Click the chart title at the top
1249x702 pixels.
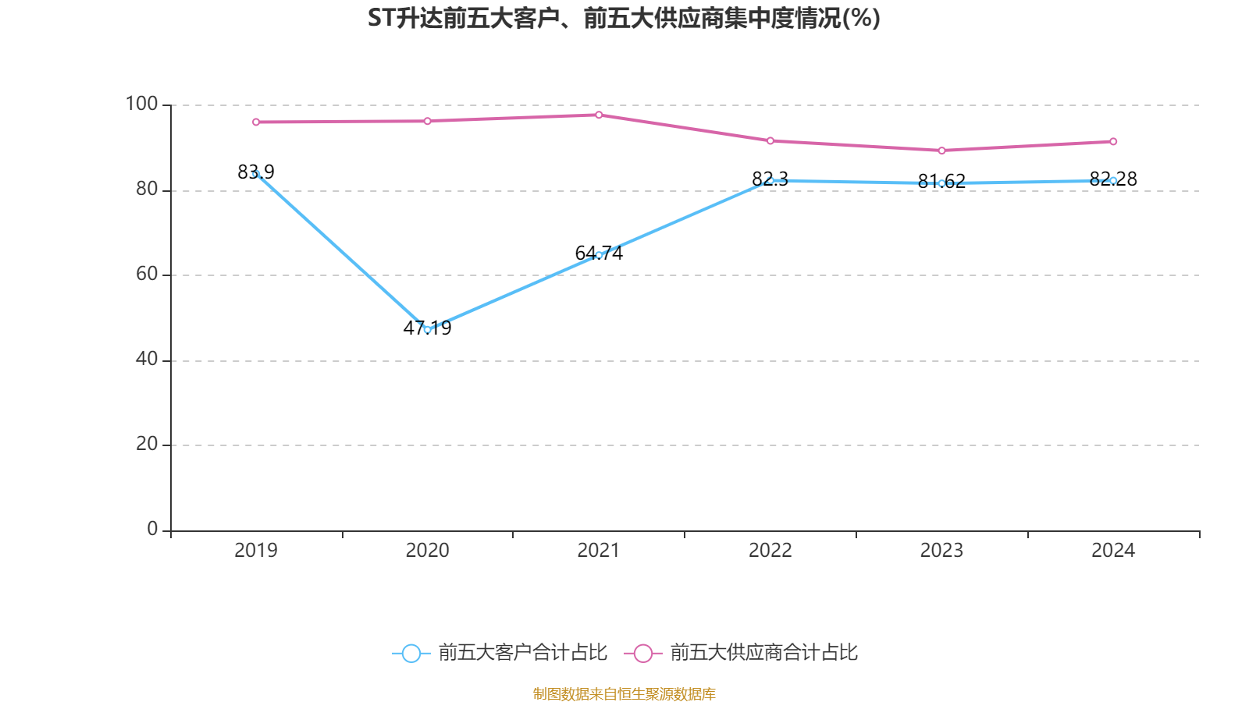point(624,18)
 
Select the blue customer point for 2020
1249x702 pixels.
point(427,329)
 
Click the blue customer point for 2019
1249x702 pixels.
point(256,174)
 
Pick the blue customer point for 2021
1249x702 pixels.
point(599,255)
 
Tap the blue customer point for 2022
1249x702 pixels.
point(770,180)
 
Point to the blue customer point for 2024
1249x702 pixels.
point(1113,180)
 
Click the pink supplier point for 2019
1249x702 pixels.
point(256,122)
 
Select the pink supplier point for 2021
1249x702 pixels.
point(599,115)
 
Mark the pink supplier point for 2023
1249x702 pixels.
point(941,151)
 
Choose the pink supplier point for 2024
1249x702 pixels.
point(1113,141)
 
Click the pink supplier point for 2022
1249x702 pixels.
point(770,140)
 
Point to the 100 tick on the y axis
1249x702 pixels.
point(141,104)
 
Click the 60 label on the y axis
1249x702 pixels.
point(147,274)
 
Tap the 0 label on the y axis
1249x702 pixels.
point(153,529)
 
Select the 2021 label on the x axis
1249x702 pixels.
point(599,551)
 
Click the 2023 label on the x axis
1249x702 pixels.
point(941,551)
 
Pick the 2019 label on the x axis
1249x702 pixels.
point(256,551)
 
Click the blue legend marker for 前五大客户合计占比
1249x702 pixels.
point(411,653)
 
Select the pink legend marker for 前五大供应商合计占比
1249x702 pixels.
point(642,653)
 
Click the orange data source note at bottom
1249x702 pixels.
point(624,693)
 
